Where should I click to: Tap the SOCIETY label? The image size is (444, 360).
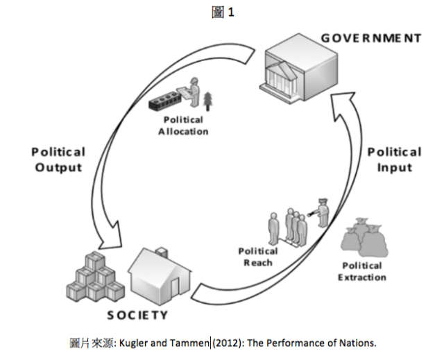pyautogui.click(x=139, y=316)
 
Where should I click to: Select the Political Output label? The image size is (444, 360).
pyautogui.click(x=58, y=159)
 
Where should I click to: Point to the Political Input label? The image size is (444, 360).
pyautogui.click(x=394, y=159)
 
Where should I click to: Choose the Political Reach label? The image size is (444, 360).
pyautogui.click(x=257, y=257)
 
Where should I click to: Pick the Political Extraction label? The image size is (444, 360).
pyautogui.click(x=361, y=271)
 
